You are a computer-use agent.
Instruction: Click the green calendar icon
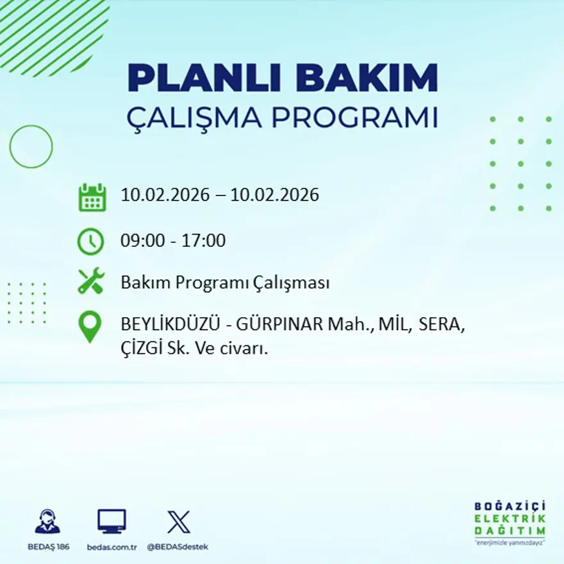pos(92,197)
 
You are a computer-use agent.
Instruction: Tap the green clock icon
pos(90,242)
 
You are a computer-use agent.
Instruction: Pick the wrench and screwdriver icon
pos(91,281)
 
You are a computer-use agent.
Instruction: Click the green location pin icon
pos(90,327)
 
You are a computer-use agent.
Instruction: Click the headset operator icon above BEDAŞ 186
pos(47,522)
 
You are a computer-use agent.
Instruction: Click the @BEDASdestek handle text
pos(178,547)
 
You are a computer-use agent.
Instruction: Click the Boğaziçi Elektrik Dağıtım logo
pos(510,521)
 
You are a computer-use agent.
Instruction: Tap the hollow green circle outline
pos(31,147)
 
